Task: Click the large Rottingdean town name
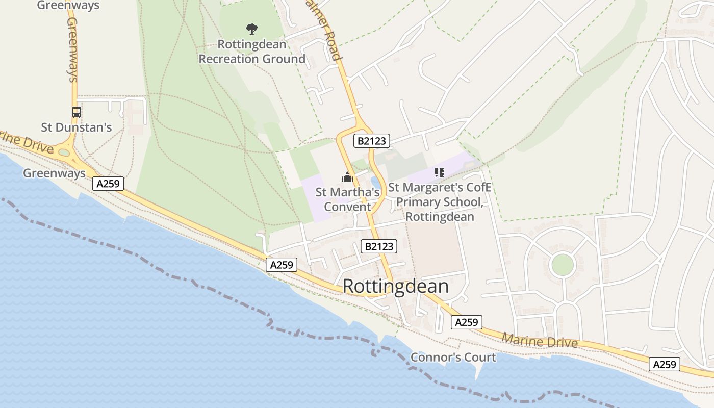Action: (x=395, y=286)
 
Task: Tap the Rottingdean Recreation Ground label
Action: (x=252, y=52)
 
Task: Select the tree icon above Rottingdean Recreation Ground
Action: (x=251, y=29)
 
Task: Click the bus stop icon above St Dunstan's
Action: (x=76, y=112)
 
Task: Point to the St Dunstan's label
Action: (x=76, y=127)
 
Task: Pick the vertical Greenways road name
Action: (x=72, y=49)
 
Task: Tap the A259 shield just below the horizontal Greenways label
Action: (x=108, y=184)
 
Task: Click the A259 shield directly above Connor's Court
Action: (x=466, y=322)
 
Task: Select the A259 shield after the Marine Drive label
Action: (x=665, y=364)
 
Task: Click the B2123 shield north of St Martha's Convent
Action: (x=372, y=141)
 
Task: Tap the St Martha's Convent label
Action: (x=348, y=199)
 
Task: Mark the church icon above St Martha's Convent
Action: (x=347, y=177)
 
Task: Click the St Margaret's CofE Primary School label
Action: (x=440, y=202)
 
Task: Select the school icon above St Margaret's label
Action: (x=440, y=172)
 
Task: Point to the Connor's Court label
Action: (x=453, y=357)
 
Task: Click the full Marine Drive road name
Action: (x=540, y=340)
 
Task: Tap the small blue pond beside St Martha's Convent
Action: (x=376, y=182)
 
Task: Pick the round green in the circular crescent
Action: (x=563, y=265)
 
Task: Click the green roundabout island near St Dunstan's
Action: (x=64, y=152)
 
